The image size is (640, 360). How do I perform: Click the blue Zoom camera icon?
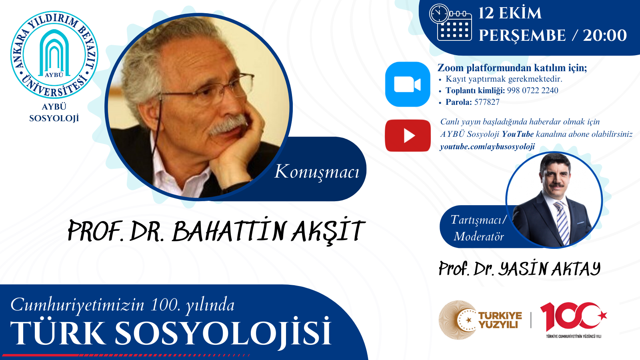tap(408, 84)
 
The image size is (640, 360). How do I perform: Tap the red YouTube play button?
tap(408, 136)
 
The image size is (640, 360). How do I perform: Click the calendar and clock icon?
tap(450, 22)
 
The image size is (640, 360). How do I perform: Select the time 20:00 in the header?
tap(604, 35)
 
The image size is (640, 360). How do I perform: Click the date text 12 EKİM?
tap(510, 13)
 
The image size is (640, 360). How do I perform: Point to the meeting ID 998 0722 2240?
tap(532, 90)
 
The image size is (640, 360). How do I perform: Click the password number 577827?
tap(487, 102)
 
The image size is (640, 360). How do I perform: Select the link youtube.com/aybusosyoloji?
tap(487, 146)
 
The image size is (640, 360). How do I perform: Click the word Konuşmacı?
tap(317, 172)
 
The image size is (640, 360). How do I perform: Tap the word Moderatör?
tap(479, 236)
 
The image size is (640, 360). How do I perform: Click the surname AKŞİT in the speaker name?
tap(328, 231)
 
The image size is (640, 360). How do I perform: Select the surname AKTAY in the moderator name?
tap(576, 269)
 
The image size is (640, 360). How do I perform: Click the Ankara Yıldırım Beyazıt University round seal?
tap(54, 55)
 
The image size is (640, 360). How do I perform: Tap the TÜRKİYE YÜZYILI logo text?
tap(500, 320)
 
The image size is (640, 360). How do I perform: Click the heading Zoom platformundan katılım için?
tap(512, 68)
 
